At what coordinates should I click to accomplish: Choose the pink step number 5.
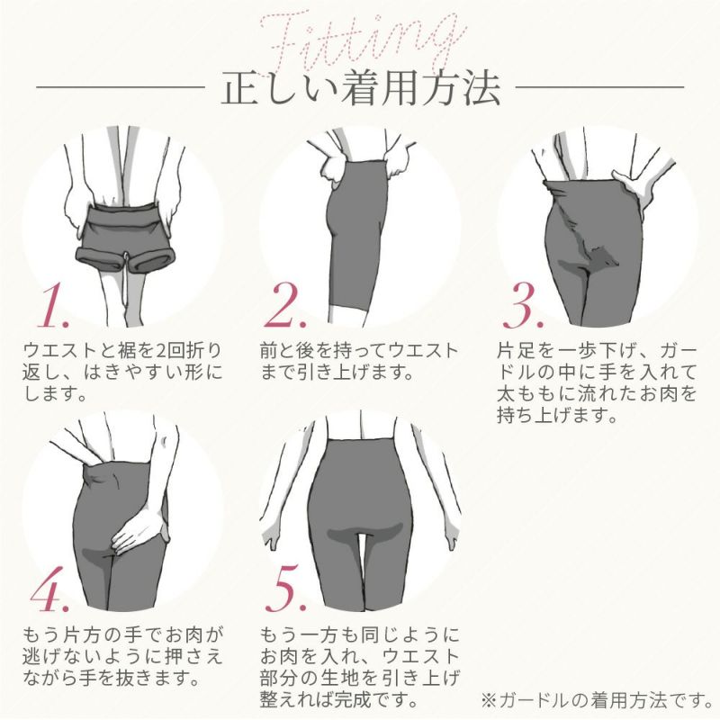[x=292, y=590]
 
